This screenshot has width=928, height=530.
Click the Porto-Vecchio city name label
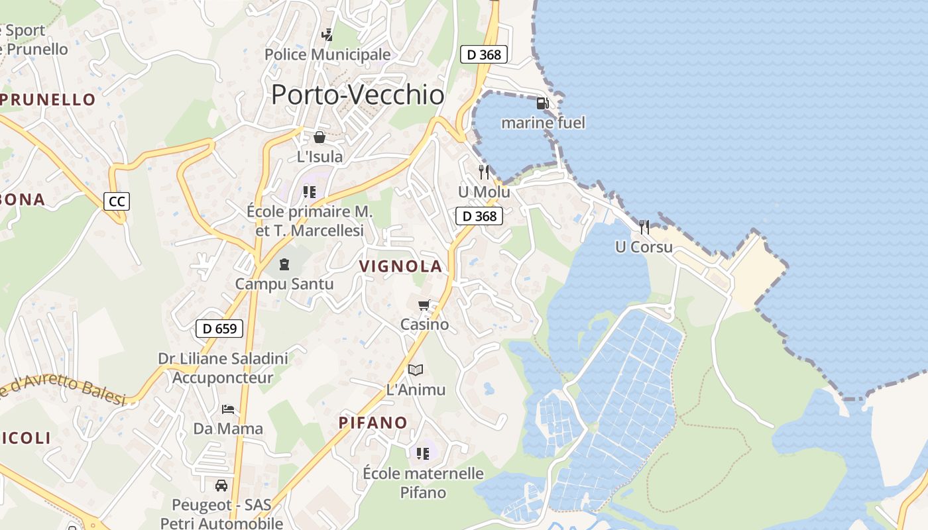[357, 95]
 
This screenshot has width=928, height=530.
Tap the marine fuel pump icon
[542, 103]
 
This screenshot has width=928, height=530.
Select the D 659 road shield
[219, 328]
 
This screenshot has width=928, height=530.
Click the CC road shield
[117, 201]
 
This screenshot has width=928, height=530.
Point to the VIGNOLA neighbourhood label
[400, 266]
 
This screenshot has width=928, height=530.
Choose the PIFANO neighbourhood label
[373, 423]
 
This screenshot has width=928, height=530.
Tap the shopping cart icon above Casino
[424, 305]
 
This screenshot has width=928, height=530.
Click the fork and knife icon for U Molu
[484, 172]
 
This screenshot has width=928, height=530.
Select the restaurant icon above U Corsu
[644, 227]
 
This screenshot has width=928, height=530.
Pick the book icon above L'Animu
[416, 370]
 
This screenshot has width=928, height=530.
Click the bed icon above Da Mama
[228, 409]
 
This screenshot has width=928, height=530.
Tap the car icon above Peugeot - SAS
[221, 486]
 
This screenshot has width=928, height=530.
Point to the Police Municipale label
[327, 54]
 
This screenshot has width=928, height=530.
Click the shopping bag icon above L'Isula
[319, 137]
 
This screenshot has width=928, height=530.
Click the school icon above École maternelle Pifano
[423, 454]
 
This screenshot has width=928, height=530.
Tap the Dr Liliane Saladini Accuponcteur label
[223, 368]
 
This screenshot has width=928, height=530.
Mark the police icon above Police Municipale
[327, 34]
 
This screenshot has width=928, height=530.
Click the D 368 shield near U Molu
[479, 216]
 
